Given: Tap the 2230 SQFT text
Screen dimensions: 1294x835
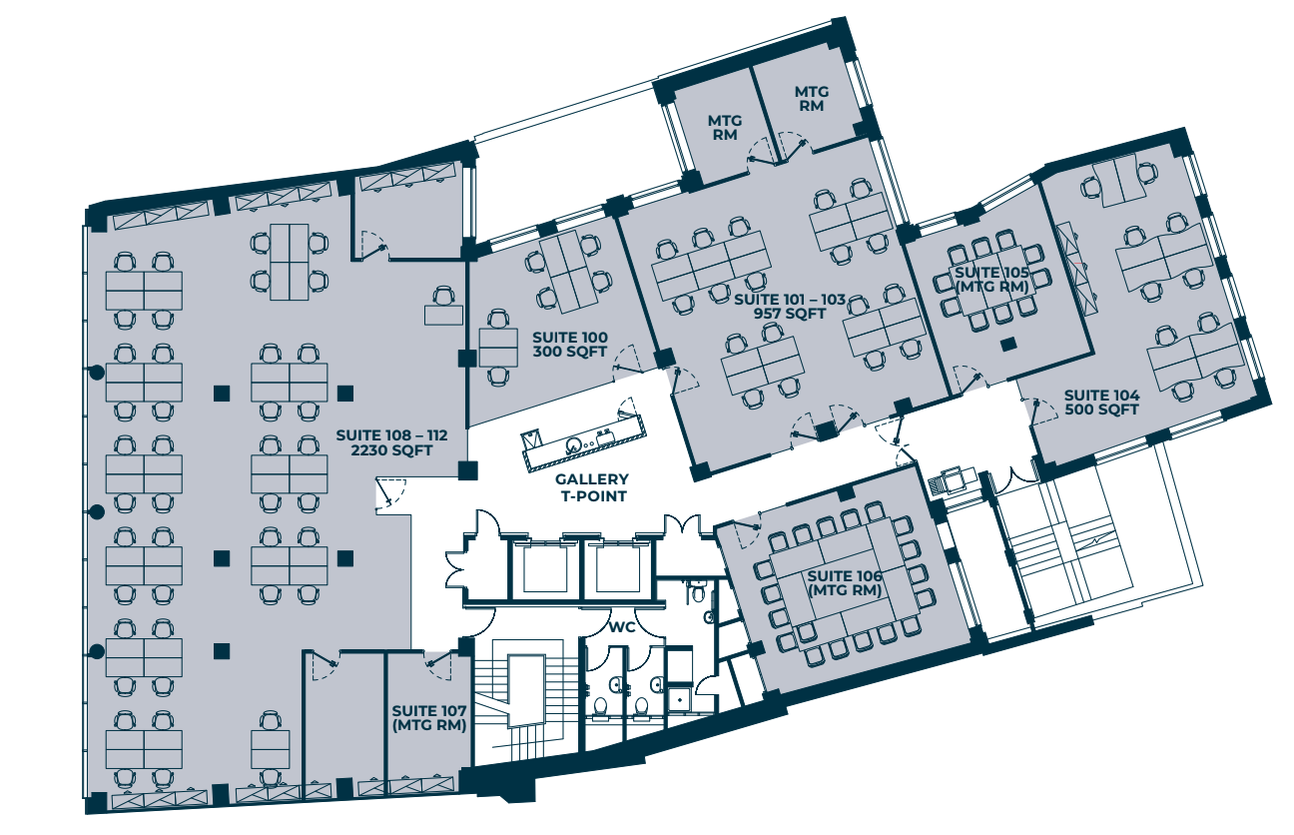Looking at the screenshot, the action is [391, 450].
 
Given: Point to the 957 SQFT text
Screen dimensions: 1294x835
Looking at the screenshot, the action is [790, 314].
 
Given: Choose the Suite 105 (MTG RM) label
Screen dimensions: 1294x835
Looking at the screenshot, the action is [991, 280].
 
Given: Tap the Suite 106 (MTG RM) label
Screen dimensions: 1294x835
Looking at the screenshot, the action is [845, 583].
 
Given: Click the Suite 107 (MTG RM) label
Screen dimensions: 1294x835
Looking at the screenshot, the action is [429, 718].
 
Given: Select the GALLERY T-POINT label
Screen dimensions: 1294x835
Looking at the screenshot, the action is [592, 487].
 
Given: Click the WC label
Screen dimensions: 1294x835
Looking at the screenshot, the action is [622, 627].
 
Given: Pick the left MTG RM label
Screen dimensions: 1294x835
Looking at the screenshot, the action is [725, 128].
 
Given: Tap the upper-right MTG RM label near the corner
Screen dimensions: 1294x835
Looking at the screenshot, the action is [812, 99].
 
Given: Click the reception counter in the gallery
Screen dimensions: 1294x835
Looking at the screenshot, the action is [583, 440].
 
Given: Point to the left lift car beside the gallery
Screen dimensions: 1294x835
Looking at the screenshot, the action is [544, 568].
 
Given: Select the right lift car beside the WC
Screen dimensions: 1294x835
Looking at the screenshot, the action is [617, 568].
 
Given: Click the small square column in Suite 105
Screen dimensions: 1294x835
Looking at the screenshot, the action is [1008, 345].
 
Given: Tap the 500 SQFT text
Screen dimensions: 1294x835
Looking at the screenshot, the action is [1101, 410].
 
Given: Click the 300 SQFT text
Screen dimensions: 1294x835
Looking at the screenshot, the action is [569, 352].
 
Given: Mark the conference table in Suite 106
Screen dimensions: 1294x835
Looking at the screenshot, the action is [845, 583].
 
